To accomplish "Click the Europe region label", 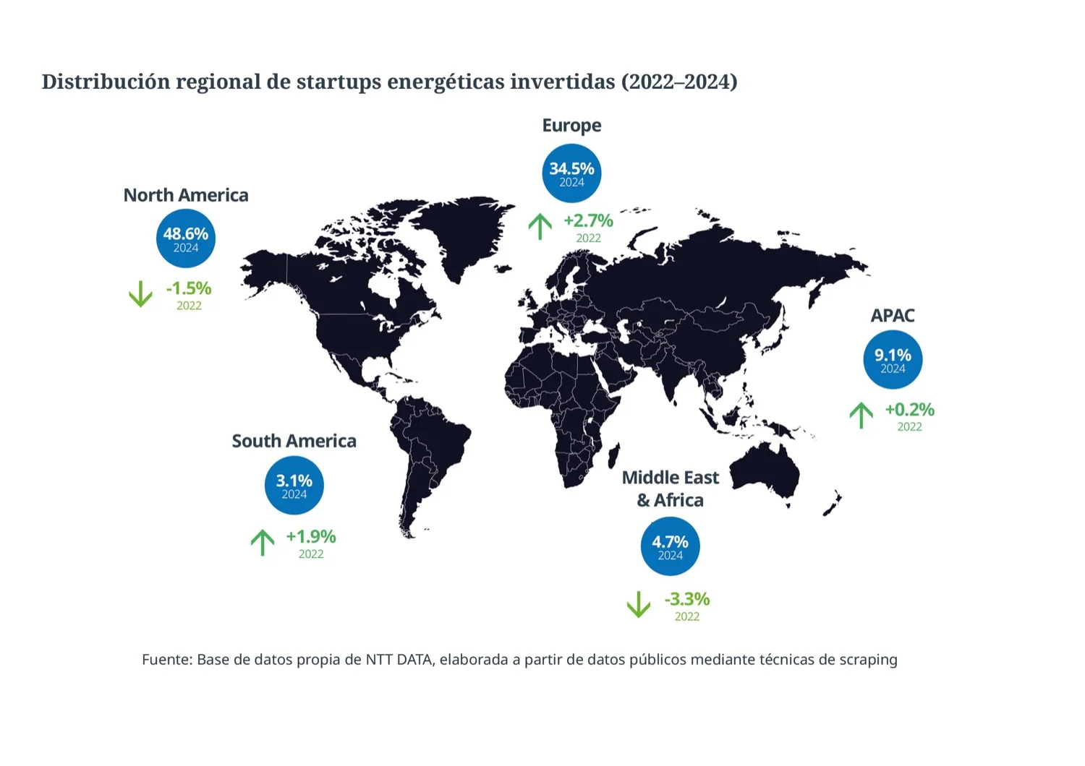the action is pyautogui.click(x=571, y=126).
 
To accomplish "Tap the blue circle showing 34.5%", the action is pyautogui.click(x=571, y=173).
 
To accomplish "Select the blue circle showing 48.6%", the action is pyautogui.click(x=185, y=238).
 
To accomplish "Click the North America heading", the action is pyautogui.click(x=186, y=195).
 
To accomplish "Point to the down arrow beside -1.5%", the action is pyautogui.click(x=140, y=293).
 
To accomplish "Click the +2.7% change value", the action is pyautogui.click(x=589, y=220).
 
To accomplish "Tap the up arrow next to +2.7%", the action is pyautogui.click(x=540, y=227).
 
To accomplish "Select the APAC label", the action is pyautogui.click(x=893, y=316).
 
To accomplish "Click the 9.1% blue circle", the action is pyautogui.click(x=893, y=360).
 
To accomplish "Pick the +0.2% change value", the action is pyautogui.click(x=910, y=409).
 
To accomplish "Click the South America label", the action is pyautogui.click(x=294, y=441).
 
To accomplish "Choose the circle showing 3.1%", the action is pyautogui.click(x=294, y=485).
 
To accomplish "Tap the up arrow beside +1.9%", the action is pyautogui.click(x=263, y=543).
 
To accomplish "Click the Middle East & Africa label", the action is pyautogui.click(x=671, y=489).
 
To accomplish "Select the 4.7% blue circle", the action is pyautogui.click(x=671, y=546).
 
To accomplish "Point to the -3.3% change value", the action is pyautogui.click(x=687, y=599).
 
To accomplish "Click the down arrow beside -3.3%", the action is pyautogui.click(x=639, y=604).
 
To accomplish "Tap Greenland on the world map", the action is pyautogui.click(x=460, y=232).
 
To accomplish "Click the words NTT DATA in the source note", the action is pyautogui.click(x=399, y=660).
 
